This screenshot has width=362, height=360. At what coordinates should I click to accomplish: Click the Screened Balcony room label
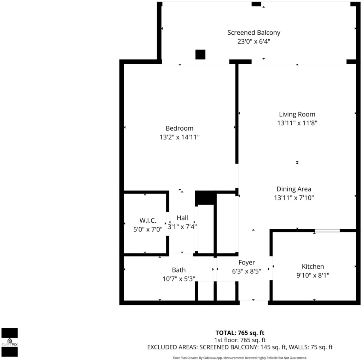click(x=254, y=33)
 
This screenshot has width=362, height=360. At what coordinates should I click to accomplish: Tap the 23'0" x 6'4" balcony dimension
click(x=254, y=41)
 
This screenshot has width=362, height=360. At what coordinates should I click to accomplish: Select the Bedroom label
click(x=179, y=128)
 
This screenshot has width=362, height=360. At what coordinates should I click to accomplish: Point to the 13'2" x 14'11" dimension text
click(x=179, y=137)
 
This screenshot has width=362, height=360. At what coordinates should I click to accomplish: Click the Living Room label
click(x=297, y=114)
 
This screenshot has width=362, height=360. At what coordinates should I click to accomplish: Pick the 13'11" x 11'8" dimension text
click(x=297, y=123)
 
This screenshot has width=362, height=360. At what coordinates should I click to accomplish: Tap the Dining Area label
click(x=294, y=189)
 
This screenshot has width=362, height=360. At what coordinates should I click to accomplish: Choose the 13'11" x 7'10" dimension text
click(x=294, y=198)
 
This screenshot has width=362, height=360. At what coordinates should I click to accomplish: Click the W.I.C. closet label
click(x=148, y=220)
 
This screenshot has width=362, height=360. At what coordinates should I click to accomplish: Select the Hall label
click(x=182, y=218)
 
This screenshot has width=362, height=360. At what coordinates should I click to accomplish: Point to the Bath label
click(x=179, y=270)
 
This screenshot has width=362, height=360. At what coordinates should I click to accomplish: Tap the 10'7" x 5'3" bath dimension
click(x=179, y=279)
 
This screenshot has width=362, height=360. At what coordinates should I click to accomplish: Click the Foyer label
click(x=246, y=262)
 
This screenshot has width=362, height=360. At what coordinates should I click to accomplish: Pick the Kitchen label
click(x=313, y=266)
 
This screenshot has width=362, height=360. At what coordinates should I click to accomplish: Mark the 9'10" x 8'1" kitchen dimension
click(x=313, y=275)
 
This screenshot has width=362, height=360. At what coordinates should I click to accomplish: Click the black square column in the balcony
click(x=200, y=55)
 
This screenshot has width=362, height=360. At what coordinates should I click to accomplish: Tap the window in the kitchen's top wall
click(x=327, y=230)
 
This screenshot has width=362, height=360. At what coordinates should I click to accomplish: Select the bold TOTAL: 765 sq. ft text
click(x=240, y=333)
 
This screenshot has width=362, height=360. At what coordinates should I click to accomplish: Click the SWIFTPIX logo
click(x=10, y=342)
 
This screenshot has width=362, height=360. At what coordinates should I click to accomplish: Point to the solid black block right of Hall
click(x=205, y=198)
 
